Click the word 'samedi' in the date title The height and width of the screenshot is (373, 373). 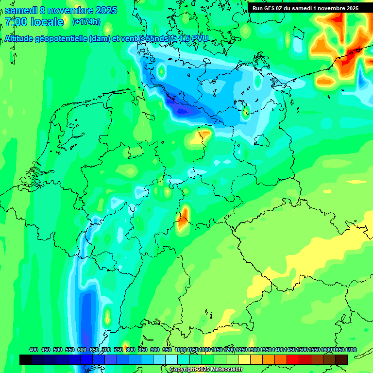[x=20, y=10]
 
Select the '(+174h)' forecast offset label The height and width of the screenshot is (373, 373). [x=86, y=22]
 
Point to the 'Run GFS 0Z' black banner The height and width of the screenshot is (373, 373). [x=305, y=8]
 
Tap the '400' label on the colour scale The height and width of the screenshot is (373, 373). [x=34, y=350]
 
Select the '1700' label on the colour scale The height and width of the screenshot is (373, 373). [x=338, y=350]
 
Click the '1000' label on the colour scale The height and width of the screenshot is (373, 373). [x=180, y=350]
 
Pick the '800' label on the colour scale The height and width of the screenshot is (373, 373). [x=130, y=350]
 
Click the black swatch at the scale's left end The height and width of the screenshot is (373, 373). [x=26, y=359]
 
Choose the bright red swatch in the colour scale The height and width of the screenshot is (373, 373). [x=293, y=359]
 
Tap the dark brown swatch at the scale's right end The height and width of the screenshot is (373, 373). [x=341, y=359]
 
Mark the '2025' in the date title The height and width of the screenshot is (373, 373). [x=102, y=10]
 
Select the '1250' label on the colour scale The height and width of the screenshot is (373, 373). [x=241, y=350]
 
